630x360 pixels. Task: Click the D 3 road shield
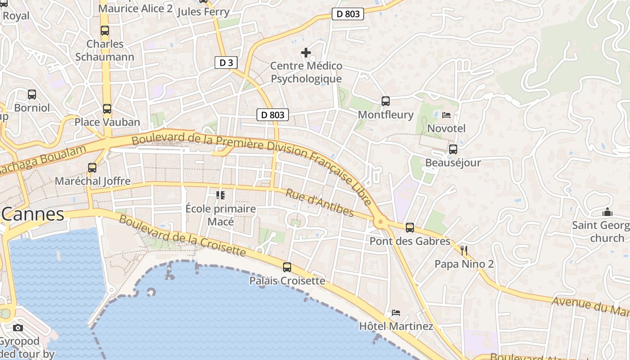(226, 63)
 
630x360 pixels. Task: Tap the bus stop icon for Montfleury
(385, 101)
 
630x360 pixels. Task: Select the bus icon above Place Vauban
(107, 109)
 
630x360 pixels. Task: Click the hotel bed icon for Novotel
(446, 115)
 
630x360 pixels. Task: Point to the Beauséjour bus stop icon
(453, 149)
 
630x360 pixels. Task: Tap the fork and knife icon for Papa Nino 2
(464, 251)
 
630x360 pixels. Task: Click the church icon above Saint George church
(607, 211)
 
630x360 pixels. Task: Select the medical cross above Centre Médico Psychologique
(306, 53)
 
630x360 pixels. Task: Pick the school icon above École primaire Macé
(220, 195)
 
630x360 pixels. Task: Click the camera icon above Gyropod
(18, 328)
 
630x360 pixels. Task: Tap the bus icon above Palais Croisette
(287, 267)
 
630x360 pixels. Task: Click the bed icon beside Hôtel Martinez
(396, 312)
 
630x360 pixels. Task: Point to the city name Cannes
(32, 214)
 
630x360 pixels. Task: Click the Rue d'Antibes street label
(319, 202)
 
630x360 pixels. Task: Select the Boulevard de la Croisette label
(182, 236)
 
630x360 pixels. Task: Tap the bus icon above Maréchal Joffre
(92, 168)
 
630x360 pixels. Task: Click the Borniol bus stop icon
(32, 94)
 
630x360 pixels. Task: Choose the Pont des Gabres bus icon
(409, 228)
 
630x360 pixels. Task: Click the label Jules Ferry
(203, 12)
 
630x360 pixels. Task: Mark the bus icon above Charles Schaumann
(105, 31)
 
